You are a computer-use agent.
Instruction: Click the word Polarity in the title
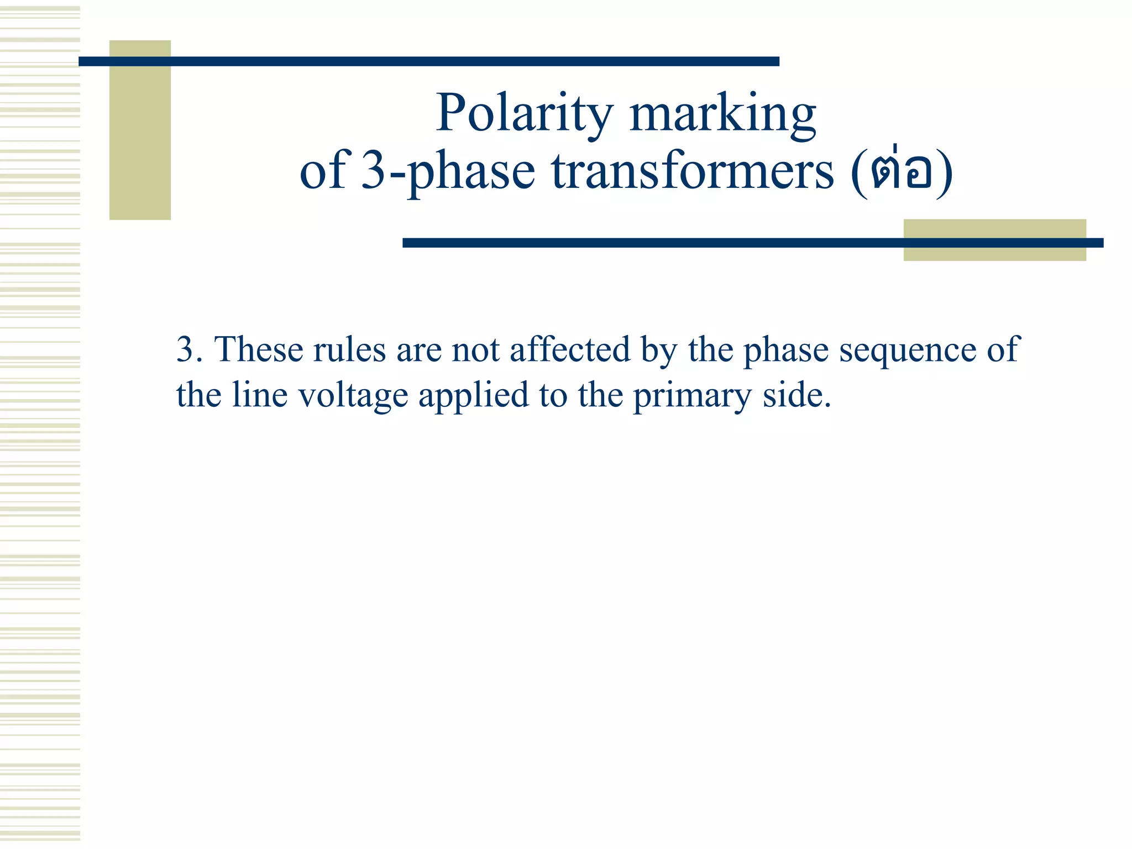point(524,113)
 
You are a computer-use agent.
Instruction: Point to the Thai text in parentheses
point(902,171)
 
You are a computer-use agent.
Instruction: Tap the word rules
point(349,350)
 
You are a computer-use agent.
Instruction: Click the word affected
point(570,350)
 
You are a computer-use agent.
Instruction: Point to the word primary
point(692,396)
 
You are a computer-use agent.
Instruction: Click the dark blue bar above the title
point(428,61)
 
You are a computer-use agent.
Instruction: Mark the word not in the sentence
point(475,350)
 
